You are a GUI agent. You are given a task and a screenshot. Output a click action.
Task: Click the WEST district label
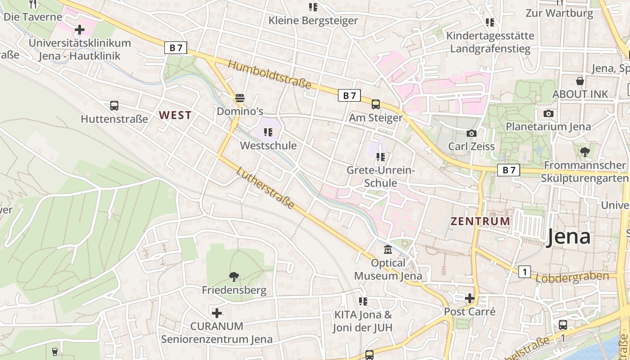(175, 115)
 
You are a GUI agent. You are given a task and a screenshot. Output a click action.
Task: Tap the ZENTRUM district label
(481, 221)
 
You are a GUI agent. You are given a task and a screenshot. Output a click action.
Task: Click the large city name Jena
(568, 237)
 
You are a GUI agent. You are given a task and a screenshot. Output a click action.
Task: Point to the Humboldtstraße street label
(270, 74)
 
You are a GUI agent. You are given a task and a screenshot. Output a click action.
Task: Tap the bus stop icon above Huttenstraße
(114, 106)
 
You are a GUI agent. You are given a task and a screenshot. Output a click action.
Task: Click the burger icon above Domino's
(240, 98)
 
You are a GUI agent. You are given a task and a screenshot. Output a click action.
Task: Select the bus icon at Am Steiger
(376, 104)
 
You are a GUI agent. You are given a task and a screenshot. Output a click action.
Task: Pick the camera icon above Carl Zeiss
(472, 133)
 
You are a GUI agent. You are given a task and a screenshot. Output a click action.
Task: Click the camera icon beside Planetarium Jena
(548, 113)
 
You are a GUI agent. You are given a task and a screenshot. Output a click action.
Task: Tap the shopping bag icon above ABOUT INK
(580, 81)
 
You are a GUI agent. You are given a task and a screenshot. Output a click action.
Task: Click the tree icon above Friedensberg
(234, 276)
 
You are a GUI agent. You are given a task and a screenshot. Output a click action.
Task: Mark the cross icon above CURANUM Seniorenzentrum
(217, 313)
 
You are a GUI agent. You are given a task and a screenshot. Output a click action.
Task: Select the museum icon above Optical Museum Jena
(388, 249)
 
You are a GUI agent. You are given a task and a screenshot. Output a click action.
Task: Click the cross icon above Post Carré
(470, 298)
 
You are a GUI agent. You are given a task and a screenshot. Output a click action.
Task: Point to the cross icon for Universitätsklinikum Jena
(80, 30)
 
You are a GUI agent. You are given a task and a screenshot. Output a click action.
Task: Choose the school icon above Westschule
(268, 132)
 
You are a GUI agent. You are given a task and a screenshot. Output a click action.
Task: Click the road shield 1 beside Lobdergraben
(524, 272)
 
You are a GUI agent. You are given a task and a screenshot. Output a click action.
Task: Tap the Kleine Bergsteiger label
(313, 21)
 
